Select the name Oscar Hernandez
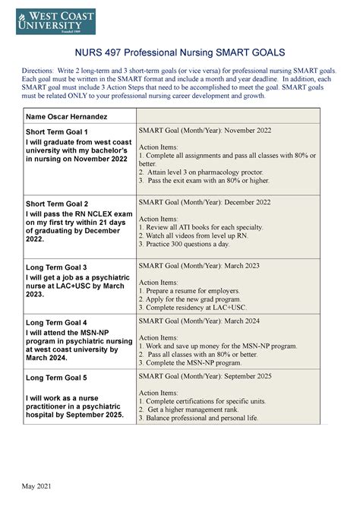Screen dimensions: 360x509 [x=63, y=115]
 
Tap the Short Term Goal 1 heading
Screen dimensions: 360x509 [x=57, y=131]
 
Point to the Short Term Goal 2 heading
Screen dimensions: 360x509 [x=57, y=204]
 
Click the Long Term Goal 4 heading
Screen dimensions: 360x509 [x=57, y=322]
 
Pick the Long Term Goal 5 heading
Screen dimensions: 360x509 [x=57, y=377]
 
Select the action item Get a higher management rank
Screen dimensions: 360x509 [x=202, y=409]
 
